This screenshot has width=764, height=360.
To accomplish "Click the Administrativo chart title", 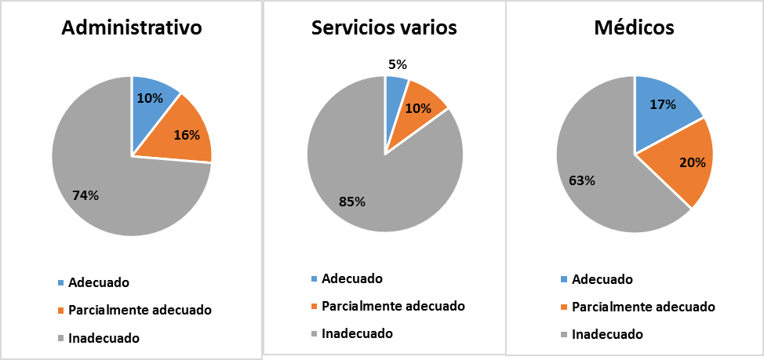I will pos(132,27).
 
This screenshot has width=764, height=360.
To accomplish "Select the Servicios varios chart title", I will pos(384,27).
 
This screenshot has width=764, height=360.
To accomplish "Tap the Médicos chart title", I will pos(635,27).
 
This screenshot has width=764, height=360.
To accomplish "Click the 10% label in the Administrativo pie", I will pos(151,98).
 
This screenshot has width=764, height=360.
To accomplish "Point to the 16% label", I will pos(186,134).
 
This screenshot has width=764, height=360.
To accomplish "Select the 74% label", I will pos(85,195).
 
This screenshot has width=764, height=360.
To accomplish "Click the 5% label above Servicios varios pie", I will pos(398,65).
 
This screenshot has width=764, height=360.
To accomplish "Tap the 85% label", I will pos(352,202).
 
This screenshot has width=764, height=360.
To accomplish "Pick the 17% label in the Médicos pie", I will pos(664,104).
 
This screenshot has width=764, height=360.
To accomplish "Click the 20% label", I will pos(693,162).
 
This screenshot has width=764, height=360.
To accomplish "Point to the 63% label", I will pos(582,181).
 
